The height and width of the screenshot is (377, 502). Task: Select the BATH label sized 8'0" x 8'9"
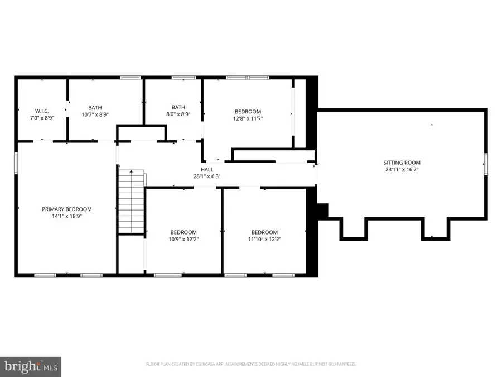click(178, 107)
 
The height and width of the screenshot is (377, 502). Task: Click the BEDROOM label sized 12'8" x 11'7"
click(247, 112)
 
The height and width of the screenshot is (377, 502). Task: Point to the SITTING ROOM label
click(400, 162)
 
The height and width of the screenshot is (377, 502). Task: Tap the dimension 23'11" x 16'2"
click(400, 169)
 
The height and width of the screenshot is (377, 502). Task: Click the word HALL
click(206, 169)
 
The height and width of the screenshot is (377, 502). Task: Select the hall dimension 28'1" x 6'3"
click(206, 176)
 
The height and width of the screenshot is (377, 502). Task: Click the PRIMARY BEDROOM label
click(66, 209)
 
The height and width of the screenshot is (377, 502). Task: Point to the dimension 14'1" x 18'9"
click(66, 217)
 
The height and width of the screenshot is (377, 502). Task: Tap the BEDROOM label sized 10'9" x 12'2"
click(183, 232)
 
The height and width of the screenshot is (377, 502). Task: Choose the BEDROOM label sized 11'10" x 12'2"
click(264, 232)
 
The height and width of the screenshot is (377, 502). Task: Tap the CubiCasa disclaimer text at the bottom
click(251, 364)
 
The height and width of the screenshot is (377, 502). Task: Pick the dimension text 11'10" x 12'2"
click(264, 240)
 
